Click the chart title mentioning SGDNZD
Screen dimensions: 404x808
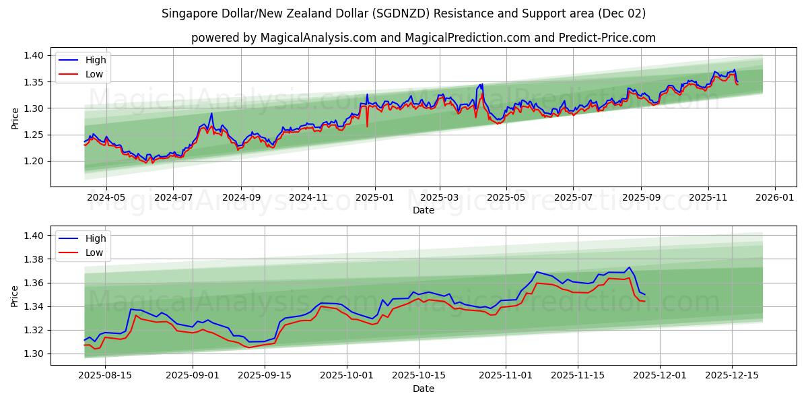click(x=403, y=13)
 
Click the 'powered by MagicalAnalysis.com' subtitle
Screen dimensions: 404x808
click(x=423, y=38)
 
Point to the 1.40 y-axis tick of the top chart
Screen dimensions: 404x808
click(x=34, y=56)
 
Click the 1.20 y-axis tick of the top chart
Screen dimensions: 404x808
click(x=34, y=162)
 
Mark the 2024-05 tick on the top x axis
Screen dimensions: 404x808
click(x=106, y=198)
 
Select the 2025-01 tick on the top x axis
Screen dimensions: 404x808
click(x=374, y=198)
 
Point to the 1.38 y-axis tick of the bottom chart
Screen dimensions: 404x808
click(x=34, y=259)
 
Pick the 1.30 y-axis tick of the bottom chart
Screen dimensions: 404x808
click(x=34, y=354)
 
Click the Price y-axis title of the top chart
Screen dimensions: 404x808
click(x=15, y=119)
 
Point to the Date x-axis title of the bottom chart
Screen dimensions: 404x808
click(x=423, y=389)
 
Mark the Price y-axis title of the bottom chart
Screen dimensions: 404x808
click(x=15, y=296)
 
